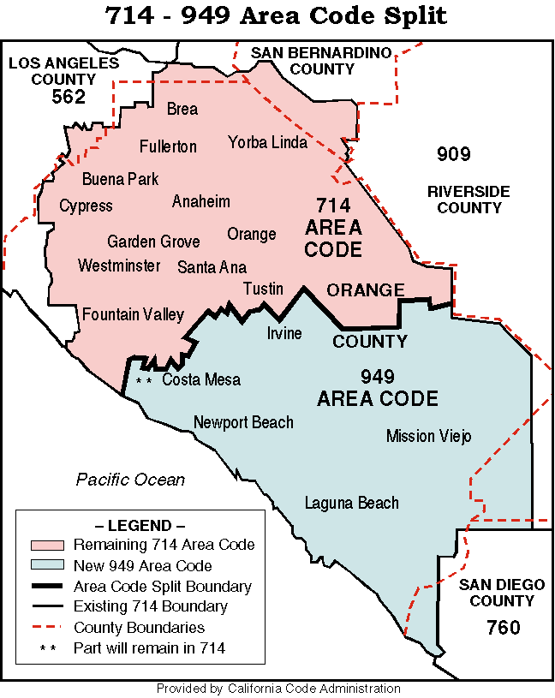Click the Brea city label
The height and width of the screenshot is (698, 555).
(182, 110)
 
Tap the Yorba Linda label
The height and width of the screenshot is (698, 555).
(267, 142)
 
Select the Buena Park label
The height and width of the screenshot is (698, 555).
(120, 180)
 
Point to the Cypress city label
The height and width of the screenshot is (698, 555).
(86, 206)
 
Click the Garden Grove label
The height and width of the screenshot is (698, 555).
(153, 242)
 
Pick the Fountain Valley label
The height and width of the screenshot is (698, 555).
(133, 315)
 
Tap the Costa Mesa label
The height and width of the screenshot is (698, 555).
(201, 380)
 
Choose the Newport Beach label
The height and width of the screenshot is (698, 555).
(243, 422)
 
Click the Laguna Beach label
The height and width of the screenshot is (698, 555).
(352, 503)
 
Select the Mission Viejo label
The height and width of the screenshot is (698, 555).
(428, 437)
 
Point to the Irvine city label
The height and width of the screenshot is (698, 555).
(284, 333)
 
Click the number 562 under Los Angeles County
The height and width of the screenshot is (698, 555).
(69, 97)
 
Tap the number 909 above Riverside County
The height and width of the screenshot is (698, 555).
(453, 154)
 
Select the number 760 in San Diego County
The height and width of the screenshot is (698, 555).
(503, 628)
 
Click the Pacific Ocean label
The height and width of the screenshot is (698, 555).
(130, 480)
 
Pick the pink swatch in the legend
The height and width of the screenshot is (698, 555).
(47, 545)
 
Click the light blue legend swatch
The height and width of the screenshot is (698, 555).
(47, 565)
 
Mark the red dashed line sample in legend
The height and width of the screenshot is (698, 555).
(47, 628)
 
